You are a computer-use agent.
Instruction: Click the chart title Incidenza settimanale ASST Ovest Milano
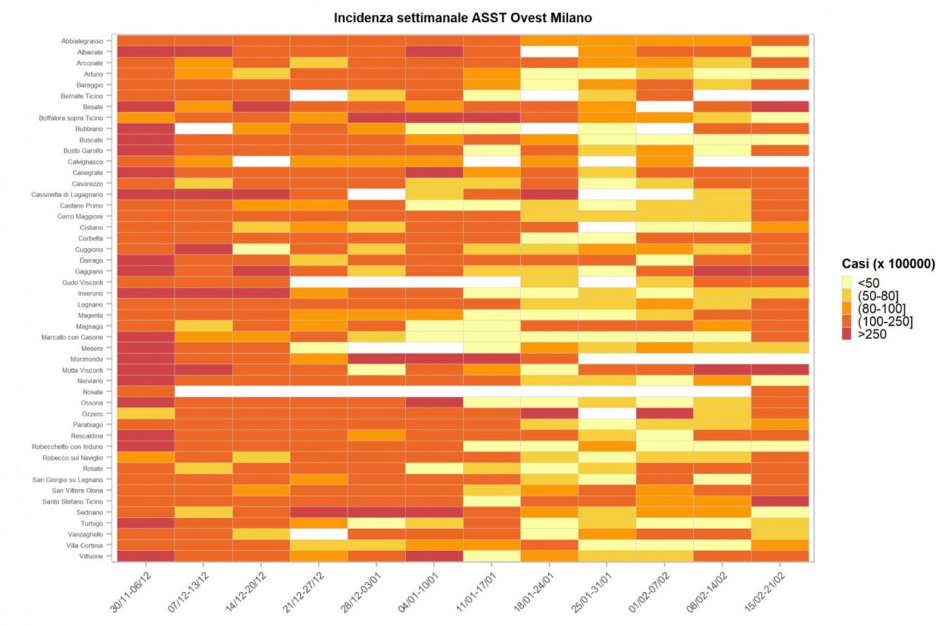[462, 17]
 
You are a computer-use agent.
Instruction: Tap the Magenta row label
[95, 315]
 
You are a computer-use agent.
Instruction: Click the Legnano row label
[95, 304]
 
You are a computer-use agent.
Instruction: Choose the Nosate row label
[97, 391]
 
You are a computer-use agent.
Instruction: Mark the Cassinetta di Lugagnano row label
[72, 194]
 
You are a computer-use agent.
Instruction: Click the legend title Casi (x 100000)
[888, 265]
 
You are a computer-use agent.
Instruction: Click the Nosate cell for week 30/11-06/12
[146, 391]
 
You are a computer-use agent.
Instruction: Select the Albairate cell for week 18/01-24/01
[550, 52]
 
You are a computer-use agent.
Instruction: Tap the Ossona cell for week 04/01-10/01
[434, 402]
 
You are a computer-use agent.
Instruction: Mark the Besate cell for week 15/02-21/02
[781, 107]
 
